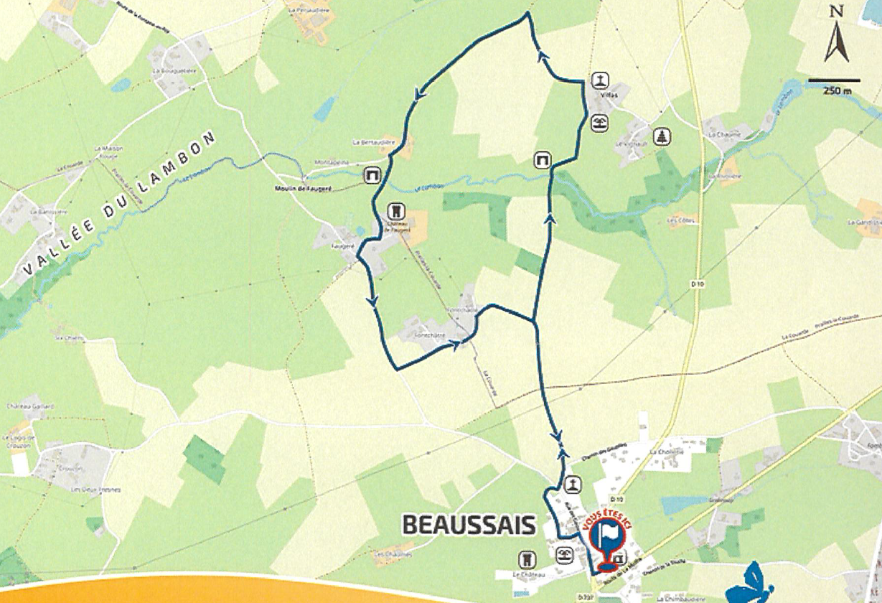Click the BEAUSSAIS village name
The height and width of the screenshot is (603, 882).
click(469, 525)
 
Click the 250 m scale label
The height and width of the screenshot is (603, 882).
click(832, 90)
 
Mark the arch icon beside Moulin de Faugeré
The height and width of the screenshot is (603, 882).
click(372, 174)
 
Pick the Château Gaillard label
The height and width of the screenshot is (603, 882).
click(30, 406)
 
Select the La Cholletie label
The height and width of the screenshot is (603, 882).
click(666, 452)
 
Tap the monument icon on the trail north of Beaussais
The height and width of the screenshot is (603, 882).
click(572, 485)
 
